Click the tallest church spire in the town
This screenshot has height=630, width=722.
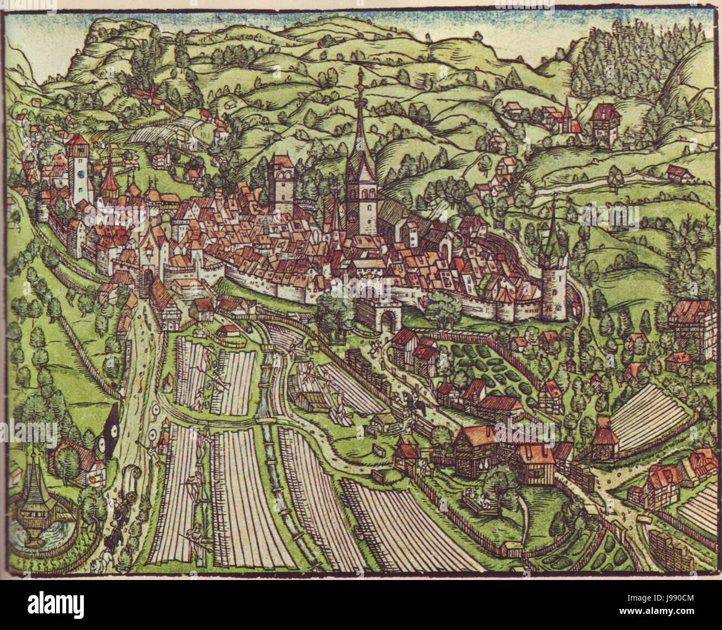click(360, 128)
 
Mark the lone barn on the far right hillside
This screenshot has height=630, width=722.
click(679, 173)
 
